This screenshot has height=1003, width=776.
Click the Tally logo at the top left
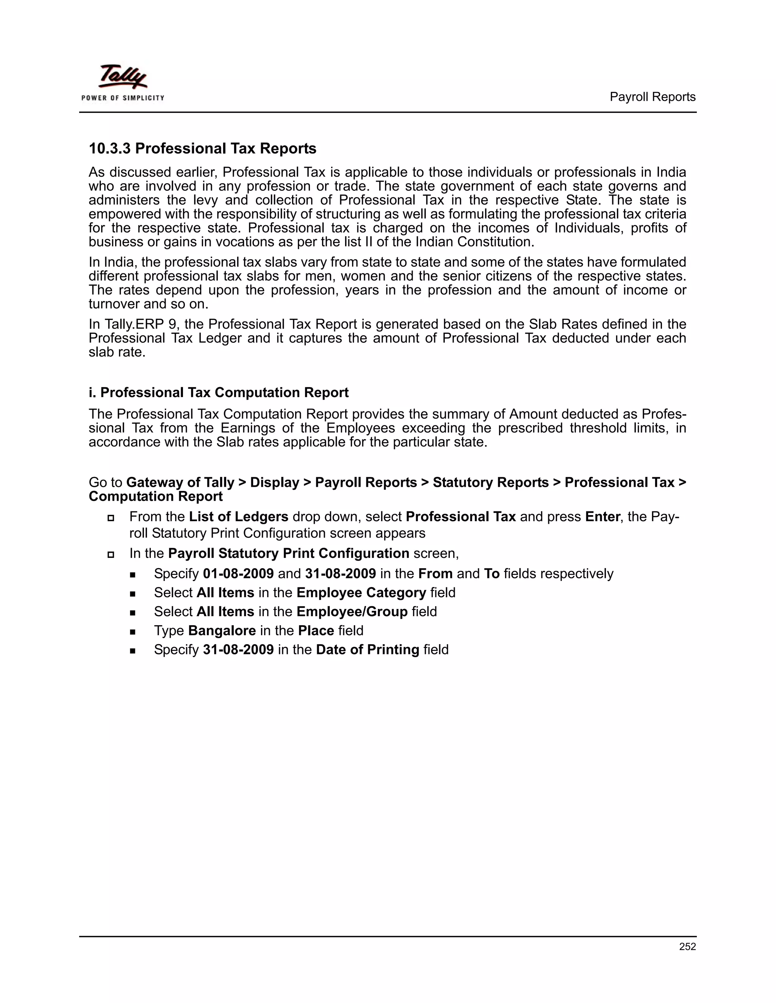[x=122, y=76]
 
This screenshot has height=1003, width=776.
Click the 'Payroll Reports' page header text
[x=652, y=97]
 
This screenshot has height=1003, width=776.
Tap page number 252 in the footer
[x=687, y=947]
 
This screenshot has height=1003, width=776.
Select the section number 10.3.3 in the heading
[x=110, y=149]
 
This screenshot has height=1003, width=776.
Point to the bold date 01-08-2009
[x=238, y=573]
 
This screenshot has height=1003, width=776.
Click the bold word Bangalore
[x=222, y=631]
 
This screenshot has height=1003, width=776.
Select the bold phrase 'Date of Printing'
[x=367, y=650]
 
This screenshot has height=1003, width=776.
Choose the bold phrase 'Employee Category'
[x=361, y=593]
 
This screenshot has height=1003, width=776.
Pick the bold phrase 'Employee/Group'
[x=352, y=612]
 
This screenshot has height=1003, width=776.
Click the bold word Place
[x=316, y=631]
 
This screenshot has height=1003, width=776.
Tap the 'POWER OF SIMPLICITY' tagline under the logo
[x=123, y=98]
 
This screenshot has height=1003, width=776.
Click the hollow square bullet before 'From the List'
[x=110, y=517]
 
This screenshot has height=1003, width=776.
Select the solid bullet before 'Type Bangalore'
[x=133, y=631]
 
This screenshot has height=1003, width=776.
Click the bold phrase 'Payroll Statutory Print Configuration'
[x=289, y=553]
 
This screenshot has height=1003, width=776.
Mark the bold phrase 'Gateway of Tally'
[x=180, y=483]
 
